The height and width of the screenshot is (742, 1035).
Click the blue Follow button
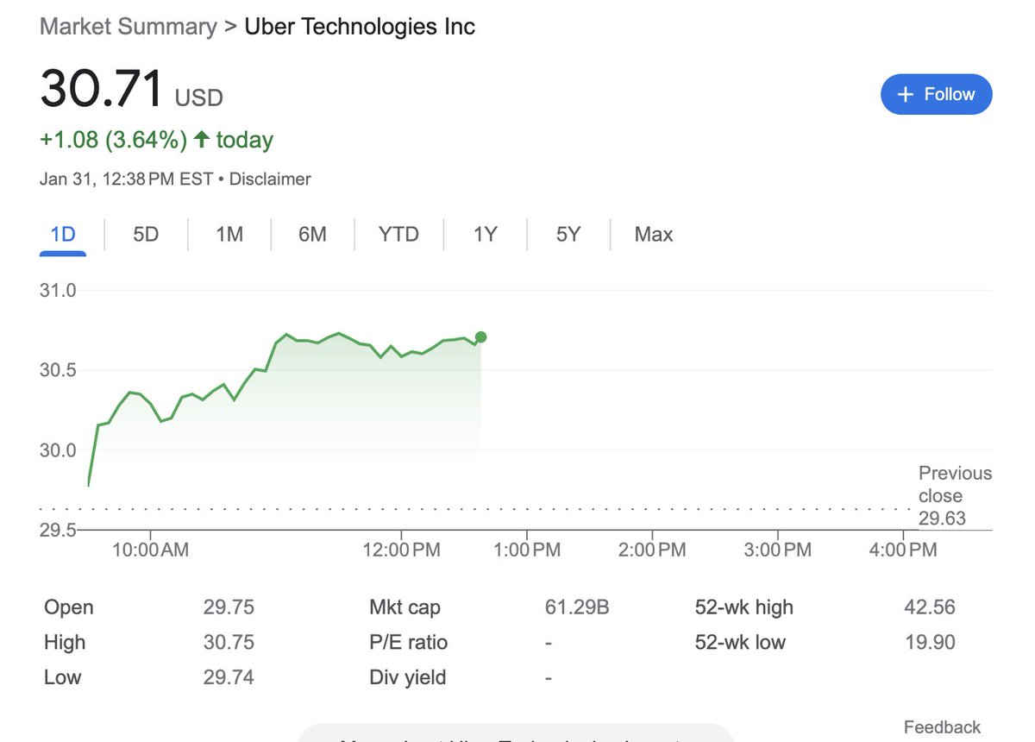(x=936, y=94)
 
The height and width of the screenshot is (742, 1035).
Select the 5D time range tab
(x=146, y=234)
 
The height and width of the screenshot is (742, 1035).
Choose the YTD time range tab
(x=398, y=234)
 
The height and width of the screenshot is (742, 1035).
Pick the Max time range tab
(x=653, y=234)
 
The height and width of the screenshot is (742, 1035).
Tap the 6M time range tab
(x=312, y=234)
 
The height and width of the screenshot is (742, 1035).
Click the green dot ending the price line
(x=480, y=337)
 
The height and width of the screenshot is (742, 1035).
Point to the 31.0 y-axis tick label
(x=58, y=291)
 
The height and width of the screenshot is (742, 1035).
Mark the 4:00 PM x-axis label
(x=904, y=550)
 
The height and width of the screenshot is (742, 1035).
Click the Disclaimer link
(x=270, y=179)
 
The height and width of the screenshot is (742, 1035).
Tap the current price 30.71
(x=102, y=89)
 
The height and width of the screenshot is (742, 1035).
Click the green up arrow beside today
(x=202, y=140)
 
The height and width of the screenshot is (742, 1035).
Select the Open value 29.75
(x=229, y=607)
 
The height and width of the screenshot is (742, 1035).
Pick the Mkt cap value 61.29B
(x=577, y=607)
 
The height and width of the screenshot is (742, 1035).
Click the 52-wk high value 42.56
(x=929, y=607)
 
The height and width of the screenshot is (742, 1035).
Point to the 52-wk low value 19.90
(x=929, y=643)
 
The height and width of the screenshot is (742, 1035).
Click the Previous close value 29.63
(x=942, y=519)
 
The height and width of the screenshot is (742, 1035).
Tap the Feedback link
(x=942, y=727)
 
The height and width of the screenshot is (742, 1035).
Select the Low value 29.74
(x=229, y=677)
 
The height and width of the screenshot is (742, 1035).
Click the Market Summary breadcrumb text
(x=129, y=27)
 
